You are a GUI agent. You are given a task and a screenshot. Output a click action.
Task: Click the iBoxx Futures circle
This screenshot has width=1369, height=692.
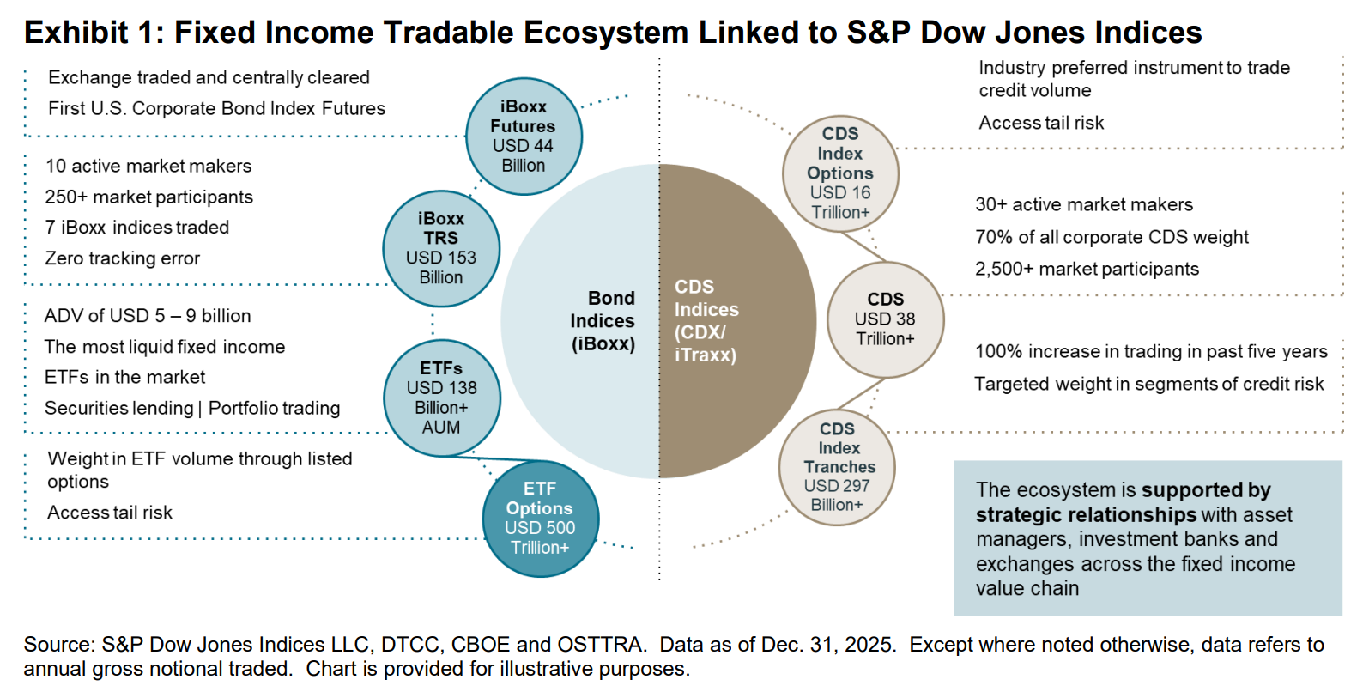tap(524, 137)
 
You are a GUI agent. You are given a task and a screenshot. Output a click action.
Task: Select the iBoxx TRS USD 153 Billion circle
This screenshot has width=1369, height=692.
tap(441, 249)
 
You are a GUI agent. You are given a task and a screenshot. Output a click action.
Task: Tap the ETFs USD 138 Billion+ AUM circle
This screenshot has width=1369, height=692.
tap(441, 398)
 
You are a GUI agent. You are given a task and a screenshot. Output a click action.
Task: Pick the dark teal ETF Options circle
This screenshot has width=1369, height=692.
tap(540, 519)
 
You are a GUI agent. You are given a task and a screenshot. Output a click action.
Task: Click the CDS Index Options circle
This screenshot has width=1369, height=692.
tap(840, 173)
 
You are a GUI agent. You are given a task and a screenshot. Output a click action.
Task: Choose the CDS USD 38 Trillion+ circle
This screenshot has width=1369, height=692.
tap(885, 319)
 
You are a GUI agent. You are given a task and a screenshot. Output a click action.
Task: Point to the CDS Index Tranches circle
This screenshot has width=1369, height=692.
tap(837, 467)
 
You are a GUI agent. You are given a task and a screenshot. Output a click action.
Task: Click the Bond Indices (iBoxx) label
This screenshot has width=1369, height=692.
tap(603, 321)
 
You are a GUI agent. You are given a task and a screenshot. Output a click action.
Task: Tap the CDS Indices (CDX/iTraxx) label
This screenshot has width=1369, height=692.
tap(706, 321)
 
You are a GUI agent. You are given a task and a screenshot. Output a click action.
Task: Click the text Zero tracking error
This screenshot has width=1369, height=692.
tap(122, 258)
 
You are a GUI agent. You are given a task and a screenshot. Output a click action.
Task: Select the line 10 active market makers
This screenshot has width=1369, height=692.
tap(148, 167)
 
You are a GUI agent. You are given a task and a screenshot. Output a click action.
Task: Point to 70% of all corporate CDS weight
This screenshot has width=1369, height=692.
tap(1112, 238)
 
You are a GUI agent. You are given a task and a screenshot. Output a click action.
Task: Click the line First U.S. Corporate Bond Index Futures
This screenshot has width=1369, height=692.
tap(216, 109)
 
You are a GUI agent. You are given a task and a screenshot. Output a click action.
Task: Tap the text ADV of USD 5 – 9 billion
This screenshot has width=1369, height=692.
tap(148, 316)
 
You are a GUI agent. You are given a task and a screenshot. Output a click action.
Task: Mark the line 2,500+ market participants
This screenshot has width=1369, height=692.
tap(1087, 270)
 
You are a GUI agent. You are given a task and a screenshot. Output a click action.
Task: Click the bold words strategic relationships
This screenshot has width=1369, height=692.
tap(1086, 515)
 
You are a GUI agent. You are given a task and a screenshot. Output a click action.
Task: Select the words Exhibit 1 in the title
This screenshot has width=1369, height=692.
tap(93, 33)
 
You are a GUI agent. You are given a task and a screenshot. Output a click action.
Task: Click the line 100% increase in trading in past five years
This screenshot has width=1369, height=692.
tap(1150, 352)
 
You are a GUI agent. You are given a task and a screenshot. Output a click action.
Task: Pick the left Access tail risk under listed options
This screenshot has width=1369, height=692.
tap(110, 513)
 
